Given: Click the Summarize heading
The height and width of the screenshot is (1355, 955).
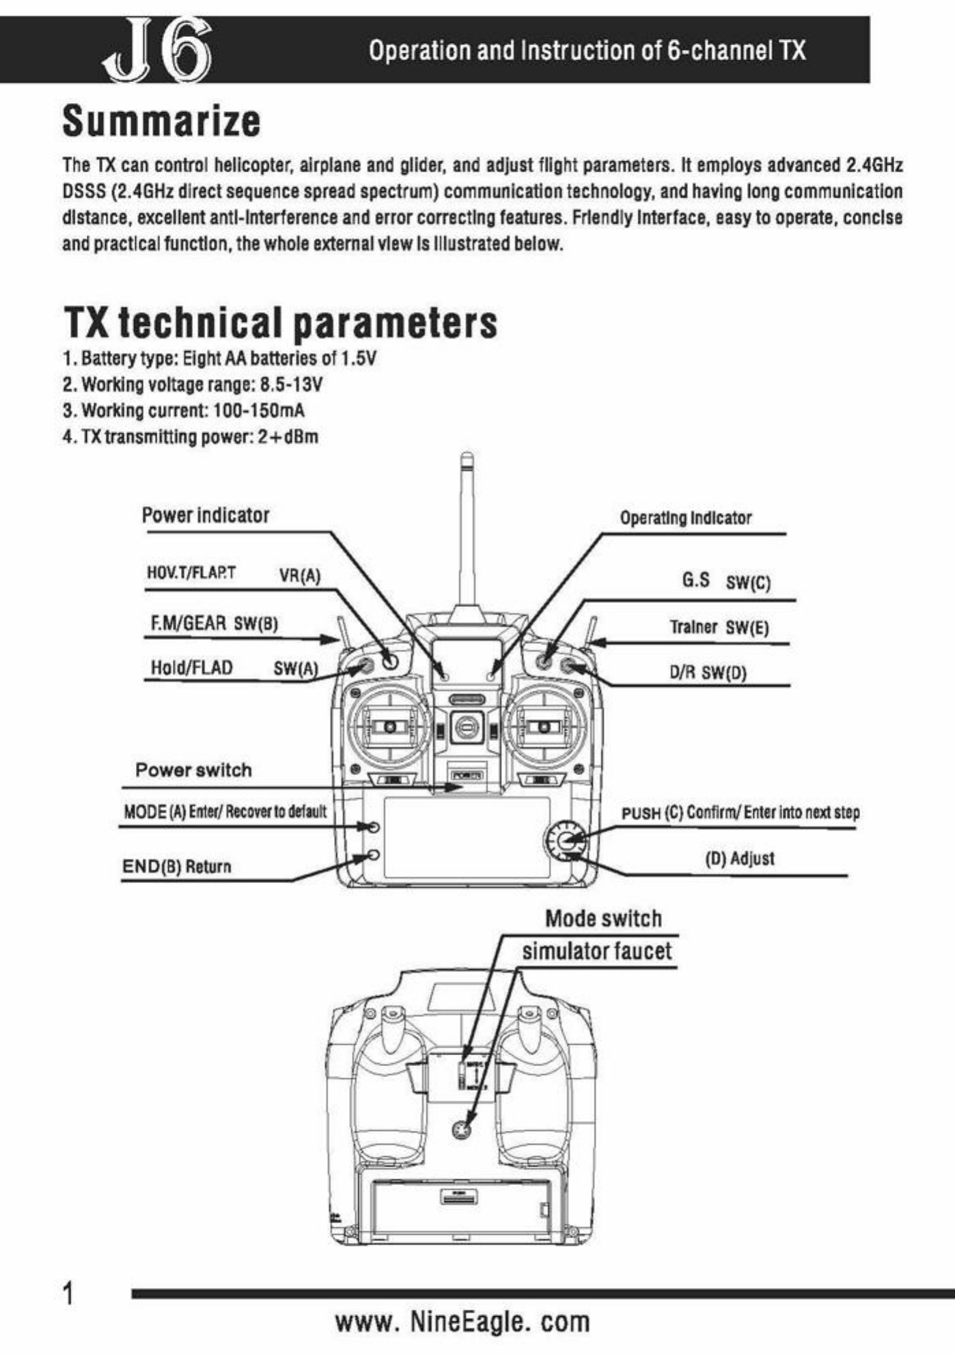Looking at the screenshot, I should tap(161, 122).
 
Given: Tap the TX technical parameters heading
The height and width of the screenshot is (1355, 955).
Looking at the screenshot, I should tap(280, 322).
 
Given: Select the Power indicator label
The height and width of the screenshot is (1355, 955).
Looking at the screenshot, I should tap(206, 516).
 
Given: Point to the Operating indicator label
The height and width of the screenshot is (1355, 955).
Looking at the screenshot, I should tap(685, 518).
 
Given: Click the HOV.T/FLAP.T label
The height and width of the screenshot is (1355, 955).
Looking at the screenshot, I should tap(191, 572).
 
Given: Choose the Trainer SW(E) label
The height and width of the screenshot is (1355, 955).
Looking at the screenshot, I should tap(719, 628).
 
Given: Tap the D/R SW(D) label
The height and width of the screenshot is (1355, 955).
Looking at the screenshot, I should tap(708, 673).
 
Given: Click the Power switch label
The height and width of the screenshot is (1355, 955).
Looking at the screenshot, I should tap(193, 770).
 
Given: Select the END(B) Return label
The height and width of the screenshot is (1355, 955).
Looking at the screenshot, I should tap(176, 867).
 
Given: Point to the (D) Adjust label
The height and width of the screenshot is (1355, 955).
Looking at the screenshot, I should tap(740, 858).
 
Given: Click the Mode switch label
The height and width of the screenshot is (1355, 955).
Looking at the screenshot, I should tap(603, 919).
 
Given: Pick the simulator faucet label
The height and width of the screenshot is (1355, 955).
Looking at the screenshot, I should tap(597, 951).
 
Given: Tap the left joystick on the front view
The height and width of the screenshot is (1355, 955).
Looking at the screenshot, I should tap(389, 727).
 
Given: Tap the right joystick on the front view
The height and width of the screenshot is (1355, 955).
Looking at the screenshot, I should tap(544, 727).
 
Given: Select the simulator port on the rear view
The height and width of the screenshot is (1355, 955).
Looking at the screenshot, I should tap(462, 1131).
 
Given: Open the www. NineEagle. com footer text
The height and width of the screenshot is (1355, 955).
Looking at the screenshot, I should tap(462, 1322).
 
